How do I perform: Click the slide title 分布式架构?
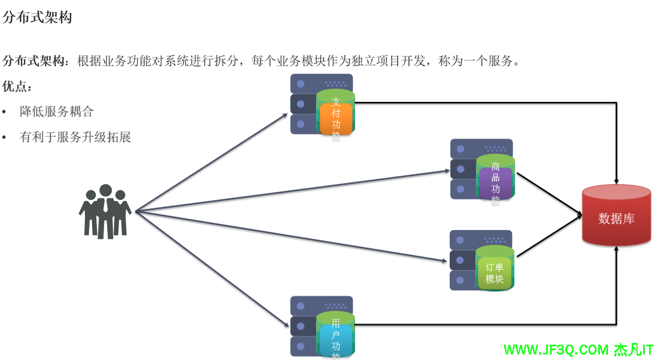pyautogui.click(x=37, y=18)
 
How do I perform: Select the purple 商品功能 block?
pyautogui.click(x=495, y=184)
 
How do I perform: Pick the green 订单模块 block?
pyautogui.click(x=495, y=273)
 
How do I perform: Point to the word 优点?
pyautogui.click(x=17, y=87)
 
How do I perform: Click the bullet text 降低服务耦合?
pyautogui.click(x=57, y=112)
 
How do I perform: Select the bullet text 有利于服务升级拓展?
pyautogui.click(x=76, y=137)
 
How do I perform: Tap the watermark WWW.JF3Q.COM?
pyautogui.click(x=556, y=349)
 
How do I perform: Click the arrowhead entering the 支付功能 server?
pyautogui.click(x=285, y=115)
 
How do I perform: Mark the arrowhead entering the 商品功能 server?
pyautogui.click(x=447, y=171)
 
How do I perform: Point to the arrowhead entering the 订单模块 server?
pyautogui.click(x=446, y=261)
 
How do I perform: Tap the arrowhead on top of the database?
pyautogui.click(x=617, y=181)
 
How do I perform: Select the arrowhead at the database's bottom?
pyautogui.click(x=617, y=250)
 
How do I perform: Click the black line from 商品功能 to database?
pyautogui.click(x=548, y=193)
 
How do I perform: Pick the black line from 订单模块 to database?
pyautogui.click(x=548, y=237)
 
